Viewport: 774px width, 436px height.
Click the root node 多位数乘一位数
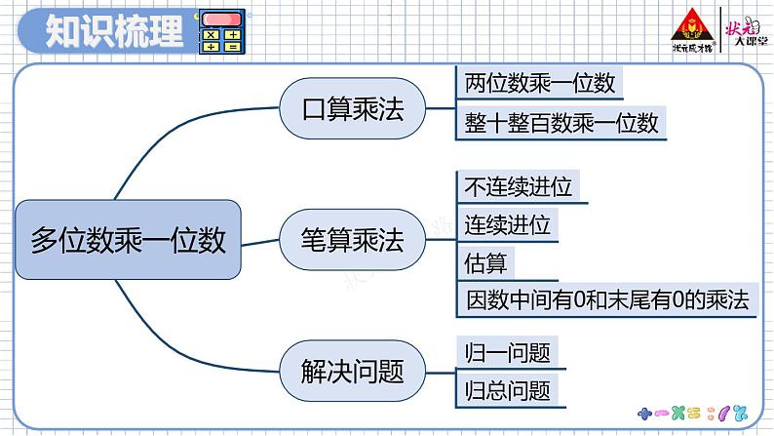pos(128,240)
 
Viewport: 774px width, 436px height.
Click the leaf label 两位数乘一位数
pos(539,84)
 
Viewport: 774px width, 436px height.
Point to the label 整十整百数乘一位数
pos(561,122)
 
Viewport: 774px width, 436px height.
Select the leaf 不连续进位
pos(519,187)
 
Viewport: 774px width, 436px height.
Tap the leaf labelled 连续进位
pos(507,225)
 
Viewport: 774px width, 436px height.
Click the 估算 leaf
pos(485,262)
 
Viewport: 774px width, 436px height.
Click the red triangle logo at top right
pos(693,26)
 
